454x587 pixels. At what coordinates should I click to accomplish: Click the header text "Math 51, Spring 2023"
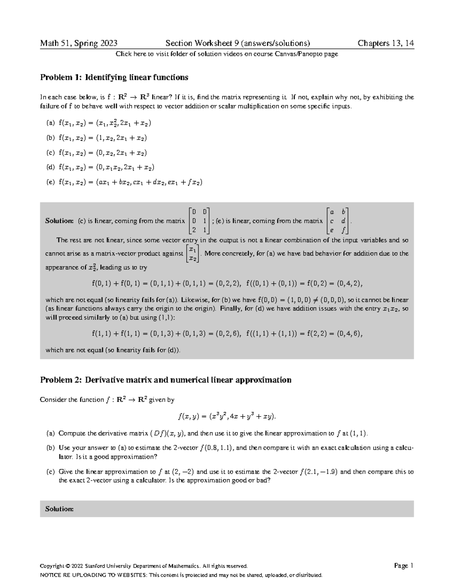click(79, 43)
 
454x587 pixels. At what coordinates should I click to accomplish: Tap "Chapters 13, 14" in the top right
click(386, 43)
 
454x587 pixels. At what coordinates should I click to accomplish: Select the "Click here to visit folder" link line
click(227, 54)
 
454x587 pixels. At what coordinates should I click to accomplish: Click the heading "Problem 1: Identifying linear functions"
click(114, 77)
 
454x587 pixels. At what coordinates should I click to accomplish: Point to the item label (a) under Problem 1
click(50, 123)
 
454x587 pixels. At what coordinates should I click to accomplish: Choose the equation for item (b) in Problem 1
click(103, 138)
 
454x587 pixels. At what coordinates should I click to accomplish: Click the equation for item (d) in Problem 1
click(106, 167)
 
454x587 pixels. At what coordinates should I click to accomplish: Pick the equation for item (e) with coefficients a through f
click(131, 182)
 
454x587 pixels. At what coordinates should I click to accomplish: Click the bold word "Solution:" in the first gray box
click(59, 221)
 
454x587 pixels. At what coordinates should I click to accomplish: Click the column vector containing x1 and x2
click(192, 254)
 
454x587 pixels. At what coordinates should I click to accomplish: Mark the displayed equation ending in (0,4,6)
click(227, 334)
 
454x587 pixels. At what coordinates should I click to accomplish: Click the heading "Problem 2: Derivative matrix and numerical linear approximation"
click(166, 380)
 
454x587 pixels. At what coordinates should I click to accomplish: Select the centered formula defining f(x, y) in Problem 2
click(227, 417)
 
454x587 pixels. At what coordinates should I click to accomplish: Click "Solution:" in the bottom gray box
click(59, 509)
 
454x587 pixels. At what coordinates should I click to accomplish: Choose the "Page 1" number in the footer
click(404, 566)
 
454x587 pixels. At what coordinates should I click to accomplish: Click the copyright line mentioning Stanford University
click(144, 566)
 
